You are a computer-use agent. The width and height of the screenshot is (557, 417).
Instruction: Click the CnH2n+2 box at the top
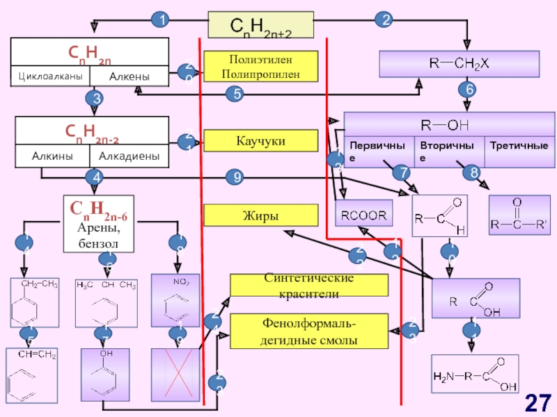(x=261, y=25)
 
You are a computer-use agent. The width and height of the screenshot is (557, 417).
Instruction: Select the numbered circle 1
(x=161, y=19)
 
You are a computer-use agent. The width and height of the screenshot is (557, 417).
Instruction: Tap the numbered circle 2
(x=384, y=19)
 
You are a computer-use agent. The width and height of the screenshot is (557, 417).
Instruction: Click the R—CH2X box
(x=459, y=64)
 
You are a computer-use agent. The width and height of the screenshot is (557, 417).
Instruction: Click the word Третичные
(x=518, y=146)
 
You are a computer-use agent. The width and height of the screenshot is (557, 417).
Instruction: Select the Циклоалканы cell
(x=49, y=76)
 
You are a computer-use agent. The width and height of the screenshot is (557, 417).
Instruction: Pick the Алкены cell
(x=129, y=76)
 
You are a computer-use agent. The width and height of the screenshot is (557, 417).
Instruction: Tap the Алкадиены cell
(x=129, y=157)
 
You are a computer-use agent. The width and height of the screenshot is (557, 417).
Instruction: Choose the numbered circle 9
(x=237, y=178)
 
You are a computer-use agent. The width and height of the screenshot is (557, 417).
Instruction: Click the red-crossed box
(x=175, y=375)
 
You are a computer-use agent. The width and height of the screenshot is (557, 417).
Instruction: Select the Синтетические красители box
(x=309, y=286)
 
